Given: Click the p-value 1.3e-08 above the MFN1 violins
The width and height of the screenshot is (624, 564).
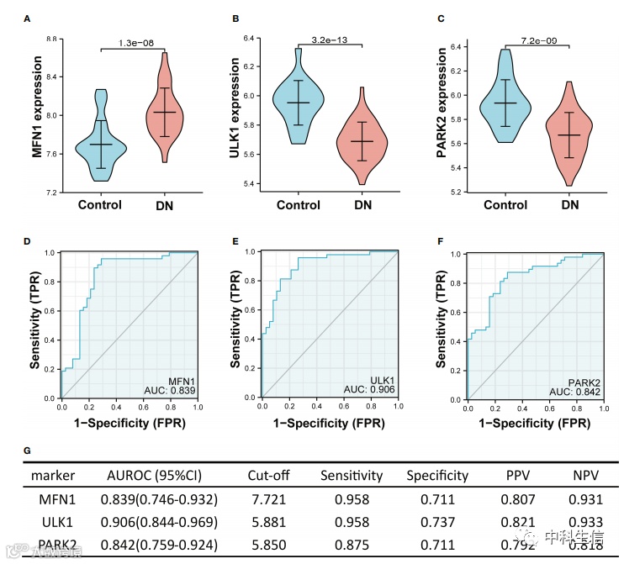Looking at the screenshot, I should pyautogui.click(x=133, y=42).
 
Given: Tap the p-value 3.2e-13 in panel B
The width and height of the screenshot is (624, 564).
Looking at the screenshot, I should pyautogui.click(x=330, y=39).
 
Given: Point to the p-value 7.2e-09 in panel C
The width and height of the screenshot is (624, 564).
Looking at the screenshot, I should pyautogui.click(x=538, y=40).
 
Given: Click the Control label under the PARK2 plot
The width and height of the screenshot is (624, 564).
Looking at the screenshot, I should pyautogui.click(x=506, y=204).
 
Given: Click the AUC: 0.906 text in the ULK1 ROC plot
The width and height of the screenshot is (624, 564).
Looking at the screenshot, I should pyautogui.click(x=368, y=390).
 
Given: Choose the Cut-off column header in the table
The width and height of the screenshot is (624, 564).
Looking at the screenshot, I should pyautogui.click(x=269, y=476).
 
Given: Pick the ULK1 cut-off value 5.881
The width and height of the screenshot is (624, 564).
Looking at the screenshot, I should pyautogui.click(x=269, y=522).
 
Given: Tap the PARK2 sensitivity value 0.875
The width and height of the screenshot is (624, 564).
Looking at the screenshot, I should pyautogui.click(x=352, y=546).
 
